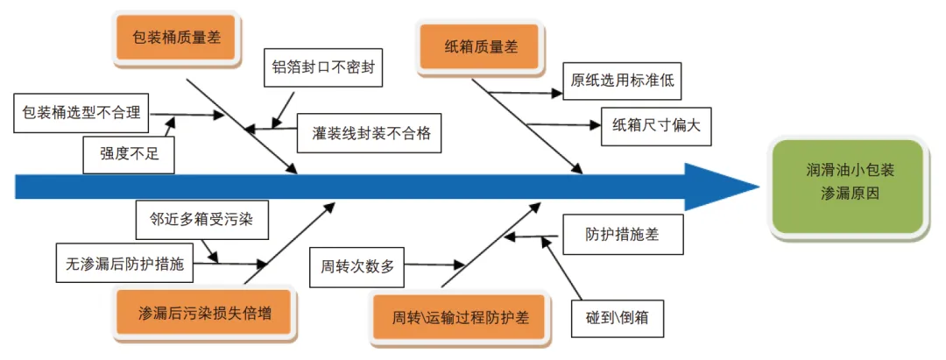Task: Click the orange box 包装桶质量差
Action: [x=176, y=39]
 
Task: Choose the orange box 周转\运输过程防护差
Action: [x=461, y=315]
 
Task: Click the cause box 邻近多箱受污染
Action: [x=201, y=220]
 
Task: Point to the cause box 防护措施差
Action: [x=622, y=235]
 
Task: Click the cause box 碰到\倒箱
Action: [x=618, y=313]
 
